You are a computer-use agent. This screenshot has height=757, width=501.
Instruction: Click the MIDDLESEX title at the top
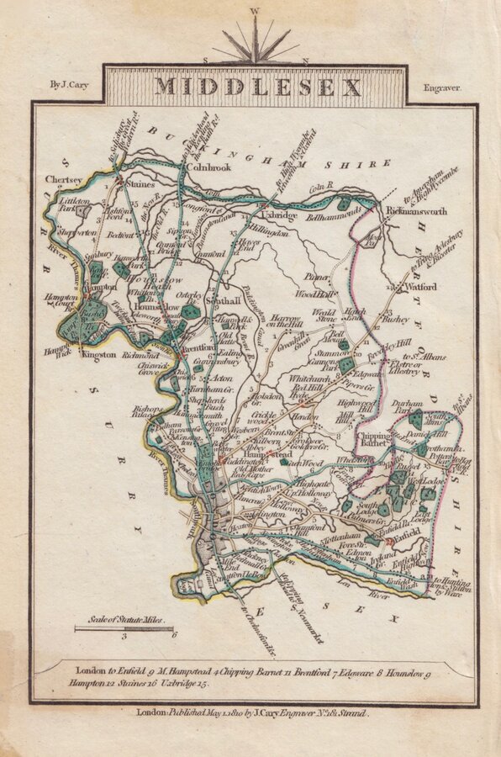(x=257, y=87)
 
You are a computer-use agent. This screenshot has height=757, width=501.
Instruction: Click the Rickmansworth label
(x=416, y=212)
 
